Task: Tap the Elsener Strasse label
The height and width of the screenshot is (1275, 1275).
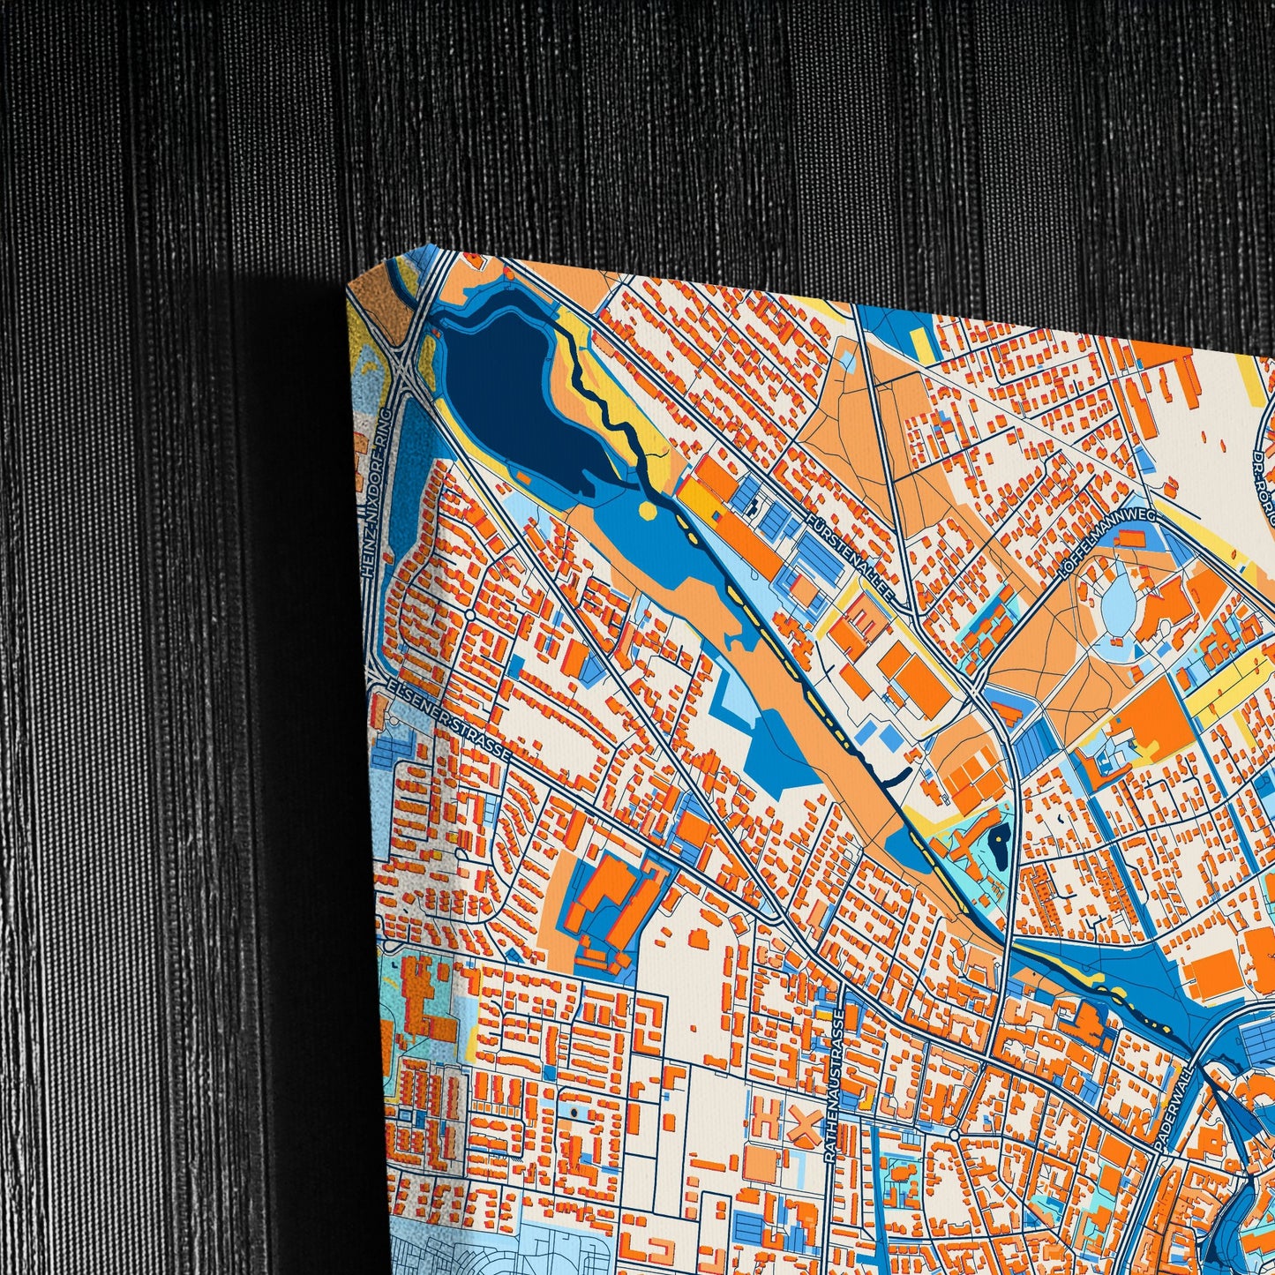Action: pos(441,720)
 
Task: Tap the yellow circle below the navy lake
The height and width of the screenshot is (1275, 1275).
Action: pos(648,511)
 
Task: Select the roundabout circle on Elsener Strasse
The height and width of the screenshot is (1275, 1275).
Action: pos(469,614)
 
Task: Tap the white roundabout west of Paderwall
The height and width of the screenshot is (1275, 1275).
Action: pos(955,1134)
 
